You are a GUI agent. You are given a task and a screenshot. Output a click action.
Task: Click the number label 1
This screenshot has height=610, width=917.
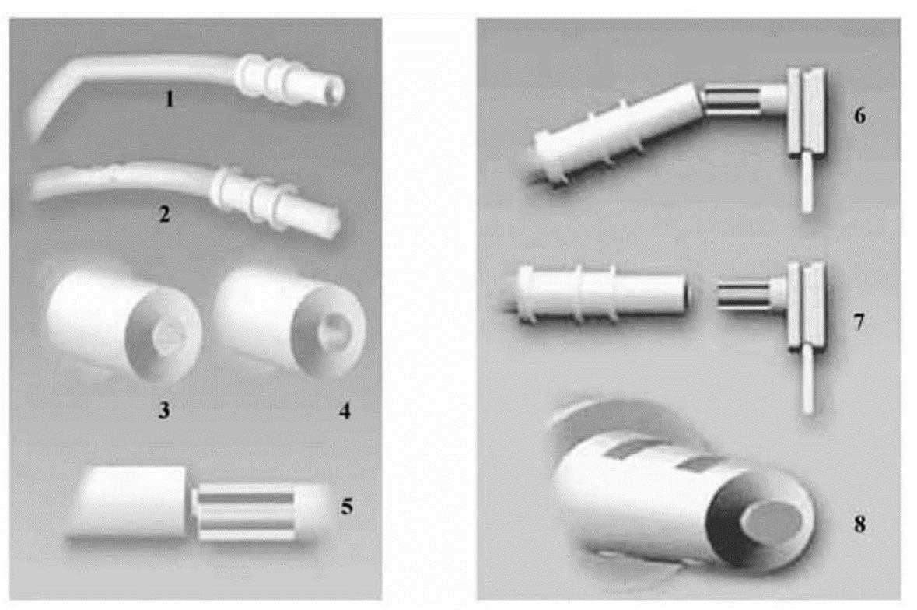click(x=170, y=100)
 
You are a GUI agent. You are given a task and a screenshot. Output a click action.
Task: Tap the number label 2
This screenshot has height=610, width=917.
click(x=165, y=214)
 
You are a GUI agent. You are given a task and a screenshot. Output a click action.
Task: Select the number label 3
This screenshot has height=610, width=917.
click(x=164, y=411)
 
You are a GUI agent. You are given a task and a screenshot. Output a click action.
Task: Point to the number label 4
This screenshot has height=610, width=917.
click(x=345, y=411)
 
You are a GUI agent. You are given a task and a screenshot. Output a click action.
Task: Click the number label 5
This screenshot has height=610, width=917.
click(x=348, y=506)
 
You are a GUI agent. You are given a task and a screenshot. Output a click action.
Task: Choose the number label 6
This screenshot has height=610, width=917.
click(x=859, y=116)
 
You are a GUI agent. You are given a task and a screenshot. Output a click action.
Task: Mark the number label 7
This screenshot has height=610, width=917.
click(x=859, y=321)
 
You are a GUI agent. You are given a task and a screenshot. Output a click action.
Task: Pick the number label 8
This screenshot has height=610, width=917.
click(x=859, y=524)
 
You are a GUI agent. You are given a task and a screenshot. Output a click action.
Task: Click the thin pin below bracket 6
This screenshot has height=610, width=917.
click(x=807, y=182)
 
